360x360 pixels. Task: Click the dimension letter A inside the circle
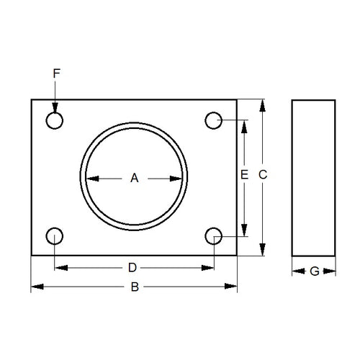coord(133,178)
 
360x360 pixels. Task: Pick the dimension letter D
coord(132,268)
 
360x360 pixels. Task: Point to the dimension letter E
coord(245,175)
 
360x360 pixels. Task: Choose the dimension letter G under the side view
coord(313,271)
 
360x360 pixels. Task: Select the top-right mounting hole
coord(213,120)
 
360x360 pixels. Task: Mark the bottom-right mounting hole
coord(213,235)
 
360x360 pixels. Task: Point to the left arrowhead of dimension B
coord(36,288)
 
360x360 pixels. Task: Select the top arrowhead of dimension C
coord(263,105)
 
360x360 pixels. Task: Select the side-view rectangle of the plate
coord(313,177)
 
